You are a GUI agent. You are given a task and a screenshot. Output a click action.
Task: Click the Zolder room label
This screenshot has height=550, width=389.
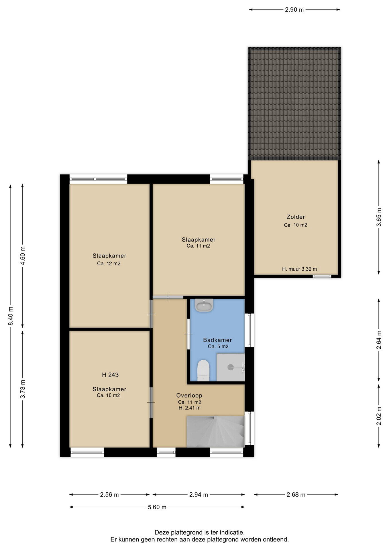pos(296,217)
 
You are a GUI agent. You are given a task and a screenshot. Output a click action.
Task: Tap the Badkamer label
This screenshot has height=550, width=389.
pos(217,340)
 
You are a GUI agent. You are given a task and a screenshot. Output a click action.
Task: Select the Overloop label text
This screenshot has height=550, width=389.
pos(189,395)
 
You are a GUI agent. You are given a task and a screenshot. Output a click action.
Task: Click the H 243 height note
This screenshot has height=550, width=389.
pos(110,375)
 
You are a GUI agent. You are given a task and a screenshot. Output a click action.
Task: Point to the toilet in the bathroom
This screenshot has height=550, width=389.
pos(203,370)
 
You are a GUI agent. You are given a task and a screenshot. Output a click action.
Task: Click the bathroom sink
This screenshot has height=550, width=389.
pos(204,305)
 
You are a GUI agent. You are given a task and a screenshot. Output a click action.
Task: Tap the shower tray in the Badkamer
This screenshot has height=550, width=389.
pos(231,367)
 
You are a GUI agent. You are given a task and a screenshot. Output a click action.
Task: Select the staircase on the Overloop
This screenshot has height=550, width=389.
pos(215,431)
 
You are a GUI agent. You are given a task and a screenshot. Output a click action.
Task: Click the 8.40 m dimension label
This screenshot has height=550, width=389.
pos(11,316)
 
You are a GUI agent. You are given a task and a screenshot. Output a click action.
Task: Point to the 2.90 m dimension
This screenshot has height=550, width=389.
pos(294,9)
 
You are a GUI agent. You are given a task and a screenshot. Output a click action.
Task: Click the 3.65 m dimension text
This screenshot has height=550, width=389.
pos(379,217)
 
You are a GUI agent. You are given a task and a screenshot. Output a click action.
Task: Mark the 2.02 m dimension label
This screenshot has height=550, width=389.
pos(379,416)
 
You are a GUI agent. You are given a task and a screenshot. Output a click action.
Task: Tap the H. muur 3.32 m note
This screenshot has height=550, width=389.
pos(299,269)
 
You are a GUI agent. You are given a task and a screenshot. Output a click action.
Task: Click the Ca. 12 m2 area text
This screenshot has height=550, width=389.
pos(109,264)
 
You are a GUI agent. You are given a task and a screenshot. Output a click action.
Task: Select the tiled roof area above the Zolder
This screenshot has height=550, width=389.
pos(294,104)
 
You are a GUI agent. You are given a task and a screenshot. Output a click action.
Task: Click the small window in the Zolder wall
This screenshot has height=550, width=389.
pos(322,276)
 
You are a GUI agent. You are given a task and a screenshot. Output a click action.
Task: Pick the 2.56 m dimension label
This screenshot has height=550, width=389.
pos(109,494)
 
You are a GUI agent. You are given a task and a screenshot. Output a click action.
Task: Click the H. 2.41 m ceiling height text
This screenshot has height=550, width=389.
pos(189,408)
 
